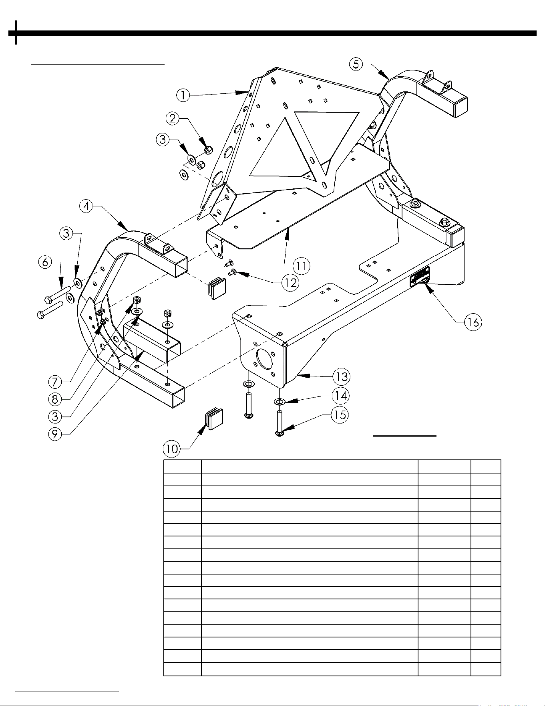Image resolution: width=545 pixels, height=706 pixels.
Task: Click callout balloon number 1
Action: tap(183, 95)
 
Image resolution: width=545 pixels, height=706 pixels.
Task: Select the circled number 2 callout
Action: tap(173, 118)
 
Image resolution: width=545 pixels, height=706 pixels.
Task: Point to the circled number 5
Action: tap(356, 64)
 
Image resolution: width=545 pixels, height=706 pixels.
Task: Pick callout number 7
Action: tap(56, 381)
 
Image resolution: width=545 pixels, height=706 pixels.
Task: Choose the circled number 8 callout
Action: tap(56, 399)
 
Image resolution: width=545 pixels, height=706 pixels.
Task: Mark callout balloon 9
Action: tap(56, 434)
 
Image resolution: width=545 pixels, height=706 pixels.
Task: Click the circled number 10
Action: tap(172, 449)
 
